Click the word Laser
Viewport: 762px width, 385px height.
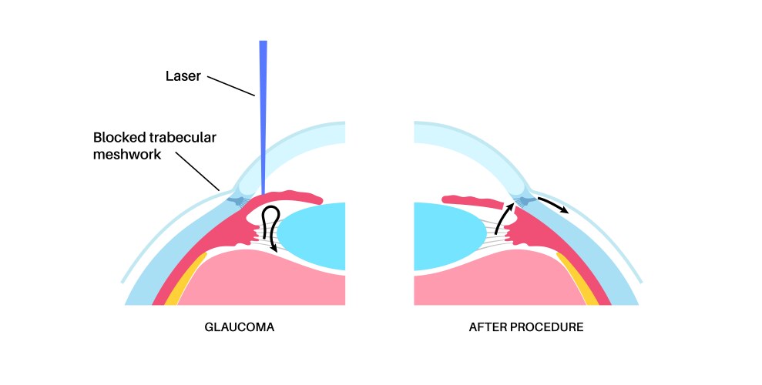click(x=183, y=76)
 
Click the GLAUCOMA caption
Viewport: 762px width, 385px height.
click(x=239, y=326)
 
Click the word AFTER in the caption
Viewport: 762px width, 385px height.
click(x=488, y=326)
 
